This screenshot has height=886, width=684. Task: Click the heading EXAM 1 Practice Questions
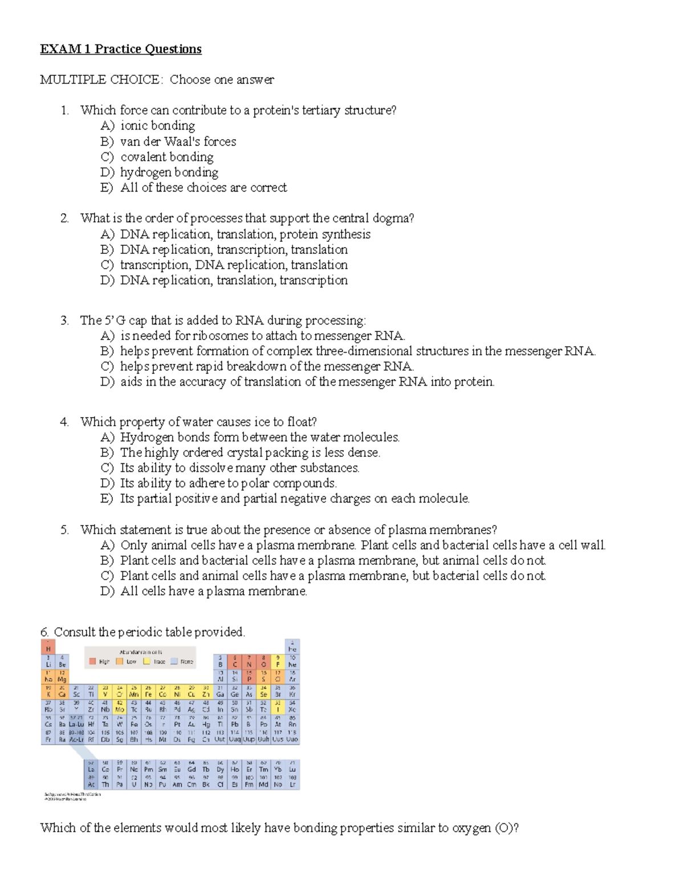pos(120,49)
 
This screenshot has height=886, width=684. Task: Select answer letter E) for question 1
pos(107,188)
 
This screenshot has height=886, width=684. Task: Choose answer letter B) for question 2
pos(107,249)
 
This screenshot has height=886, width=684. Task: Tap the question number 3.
pos(64,321)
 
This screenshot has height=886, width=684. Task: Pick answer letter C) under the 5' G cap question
pos(107,366)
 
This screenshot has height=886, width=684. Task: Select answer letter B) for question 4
pos(107,452)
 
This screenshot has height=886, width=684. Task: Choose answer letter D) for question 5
pos(107,591)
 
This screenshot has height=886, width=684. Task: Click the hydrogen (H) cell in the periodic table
pos(48,647)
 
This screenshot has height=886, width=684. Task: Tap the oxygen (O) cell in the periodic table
pos(263,662)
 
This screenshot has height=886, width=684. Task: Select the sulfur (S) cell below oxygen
pos(263,677)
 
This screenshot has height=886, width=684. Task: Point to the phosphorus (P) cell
pos(249,677)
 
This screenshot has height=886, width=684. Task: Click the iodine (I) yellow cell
pos(278,706)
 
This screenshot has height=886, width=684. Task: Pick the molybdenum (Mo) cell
pos(120,706)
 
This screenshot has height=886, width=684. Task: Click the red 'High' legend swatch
pos(93,662)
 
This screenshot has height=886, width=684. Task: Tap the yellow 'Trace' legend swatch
pos(146,662)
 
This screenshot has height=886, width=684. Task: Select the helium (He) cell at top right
pos(292,647)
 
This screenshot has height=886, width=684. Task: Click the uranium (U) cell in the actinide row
pos(134,782)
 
